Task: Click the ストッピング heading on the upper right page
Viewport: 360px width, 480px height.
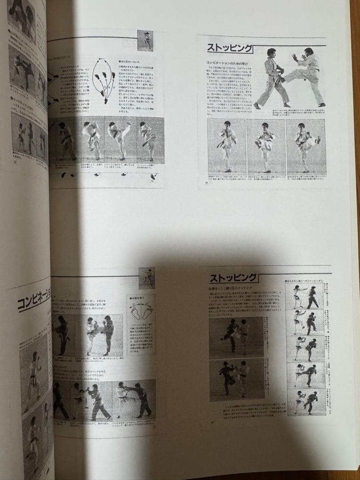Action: coord(230,48)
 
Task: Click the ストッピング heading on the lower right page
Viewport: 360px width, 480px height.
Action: coord(233,278)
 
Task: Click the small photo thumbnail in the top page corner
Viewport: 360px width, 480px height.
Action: coord(145,40)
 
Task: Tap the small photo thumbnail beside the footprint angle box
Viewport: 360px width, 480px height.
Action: coord(147,278)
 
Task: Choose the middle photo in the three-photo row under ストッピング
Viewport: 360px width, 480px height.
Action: coord(265,147)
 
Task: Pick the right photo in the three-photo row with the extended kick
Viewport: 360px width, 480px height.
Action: coord(306,147)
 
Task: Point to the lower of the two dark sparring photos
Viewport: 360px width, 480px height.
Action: coord(236,380)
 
